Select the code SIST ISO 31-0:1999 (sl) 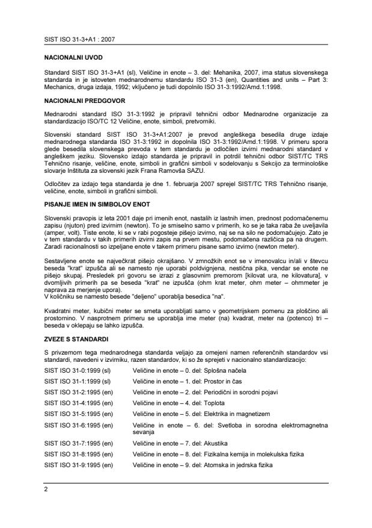click(78, 371)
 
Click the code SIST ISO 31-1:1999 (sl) click(78, 382)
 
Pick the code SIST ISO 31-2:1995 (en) click(79, 392)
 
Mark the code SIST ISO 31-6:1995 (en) click(79, 426)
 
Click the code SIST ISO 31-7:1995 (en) click(79, 443)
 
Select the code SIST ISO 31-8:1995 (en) click(79, 453)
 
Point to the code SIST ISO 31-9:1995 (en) click(79, 463)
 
